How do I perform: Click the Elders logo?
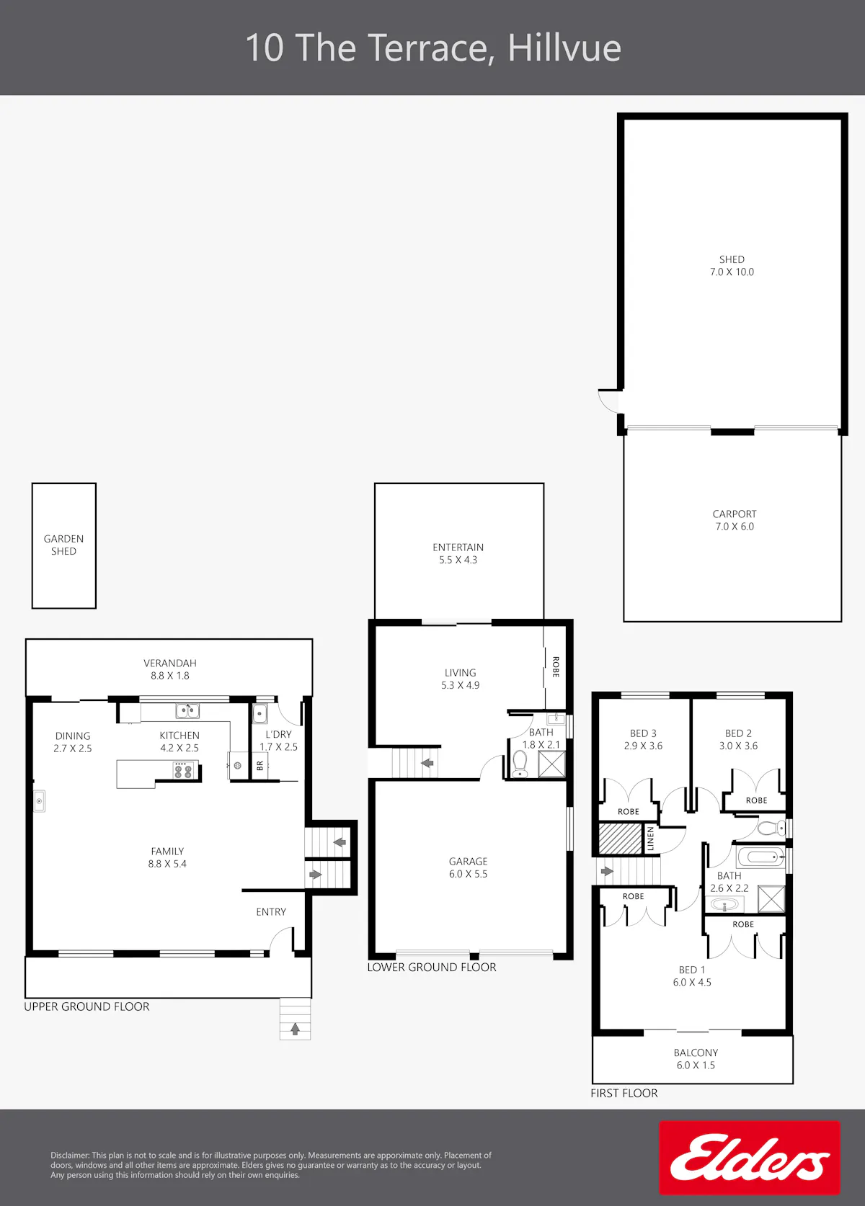click(x=749, y=1158)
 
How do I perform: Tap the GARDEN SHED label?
click(x=63, y=545)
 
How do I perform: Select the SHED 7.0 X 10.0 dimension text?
click(x=732, y=272)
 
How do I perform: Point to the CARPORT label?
click(x=735, y=514)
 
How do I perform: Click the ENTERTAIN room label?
click(x=458, y=547)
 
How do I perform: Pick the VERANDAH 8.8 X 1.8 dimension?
click(x=170, y=676)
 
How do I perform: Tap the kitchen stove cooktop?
click(x=183, y=770)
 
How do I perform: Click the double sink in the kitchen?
click(x=187, y=710)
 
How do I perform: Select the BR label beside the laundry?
click(x=260, y=765)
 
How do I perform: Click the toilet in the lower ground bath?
click(x=520, y=764)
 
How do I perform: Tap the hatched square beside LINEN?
click(x=621, y=839)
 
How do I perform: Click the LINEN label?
click(x=650, y=839)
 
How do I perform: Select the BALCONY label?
click(x=696, y=1053)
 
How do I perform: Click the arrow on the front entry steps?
click(x=295, y=1029)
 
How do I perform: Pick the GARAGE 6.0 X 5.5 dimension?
click(x=468, y=874)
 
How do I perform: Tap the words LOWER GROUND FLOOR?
click(x=432, y=967)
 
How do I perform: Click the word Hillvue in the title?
click(x=564, y=48)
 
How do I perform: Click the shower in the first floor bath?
click(x=771, y=899)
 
